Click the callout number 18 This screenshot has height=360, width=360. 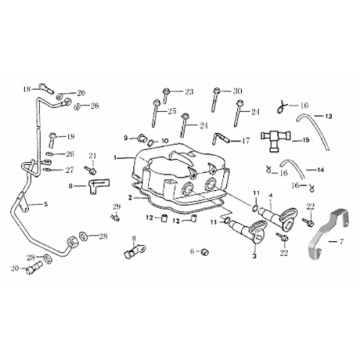(x=27, y=89)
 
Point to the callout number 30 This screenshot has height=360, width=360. (x=238, y=91)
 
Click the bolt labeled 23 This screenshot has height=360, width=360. (x=167, y=93)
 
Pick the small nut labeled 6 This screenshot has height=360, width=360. (x=204, y=251)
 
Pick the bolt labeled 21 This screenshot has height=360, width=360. (x=92, y=170)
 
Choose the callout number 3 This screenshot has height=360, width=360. (x=253, y=256)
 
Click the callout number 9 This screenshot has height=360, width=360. (x=125, y=138)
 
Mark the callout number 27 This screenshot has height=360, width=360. (x=70, y=171)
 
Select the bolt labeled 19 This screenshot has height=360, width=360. (x=53, y=135)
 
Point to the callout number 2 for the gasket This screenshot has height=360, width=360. (x=130, y=197)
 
